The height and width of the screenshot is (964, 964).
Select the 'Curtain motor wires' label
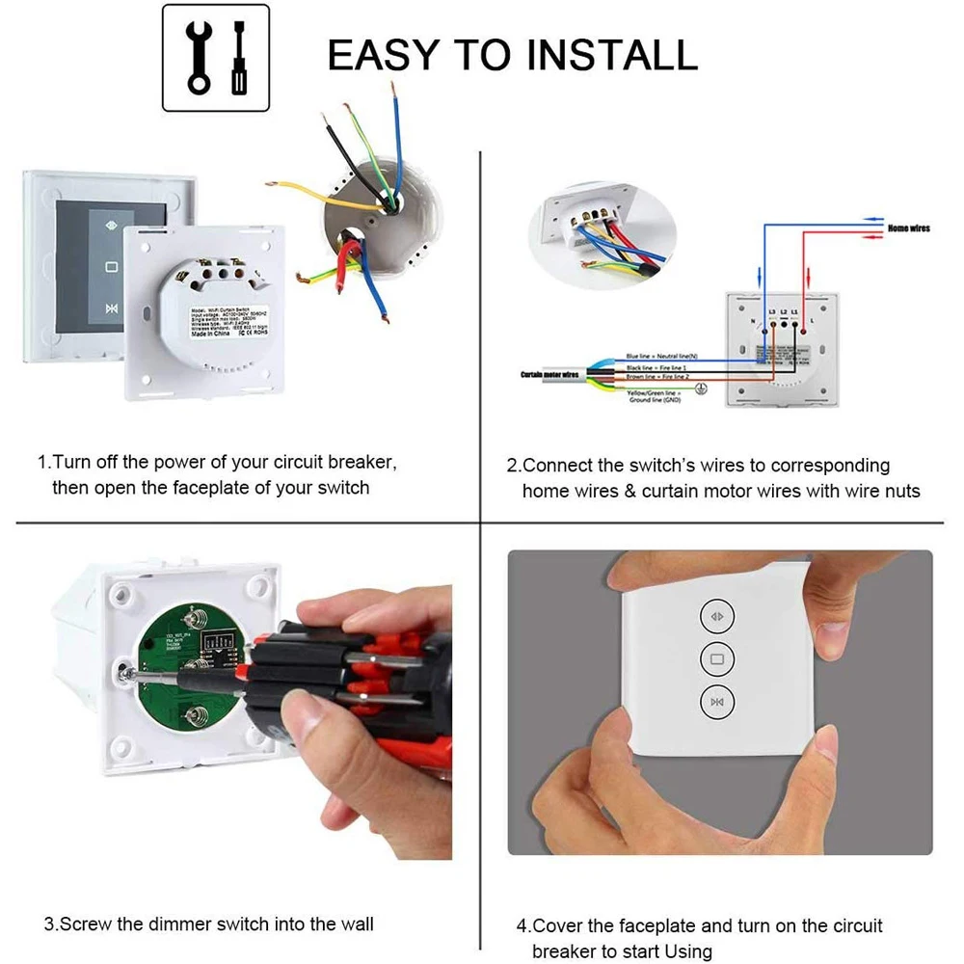click(x=549, y=374)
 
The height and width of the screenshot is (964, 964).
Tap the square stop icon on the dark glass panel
click(x=111, y=267)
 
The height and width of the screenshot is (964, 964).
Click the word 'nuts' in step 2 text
click(x=900, y=491)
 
